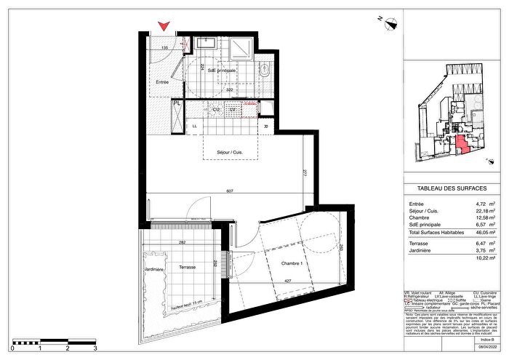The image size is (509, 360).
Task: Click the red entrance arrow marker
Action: pyautogui.click(x=165, y=26)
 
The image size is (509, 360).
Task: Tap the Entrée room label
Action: pyautogui.click(x=162, y=82)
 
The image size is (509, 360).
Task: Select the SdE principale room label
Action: pyautogui.click(x=223, y=71)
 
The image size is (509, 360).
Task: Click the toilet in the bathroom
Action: pyautogui.click(x=264, y=71)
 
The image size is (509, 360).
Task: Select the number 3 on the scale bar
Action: pyautogui.click(x=95, y=349)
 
